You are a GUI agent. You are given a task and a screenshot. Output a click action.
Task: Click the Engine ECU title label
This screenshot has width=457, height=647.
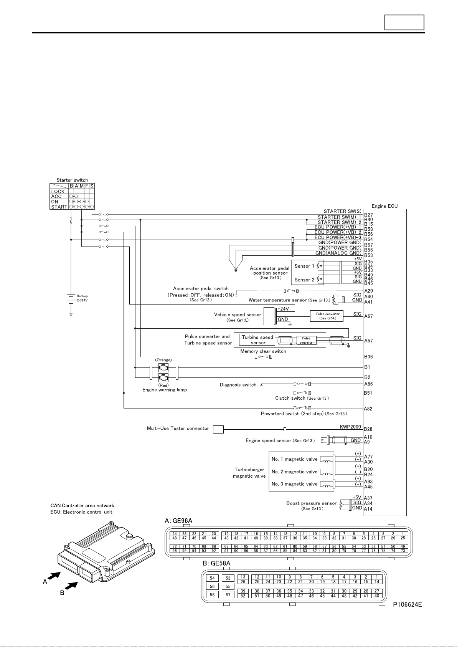point(384,206)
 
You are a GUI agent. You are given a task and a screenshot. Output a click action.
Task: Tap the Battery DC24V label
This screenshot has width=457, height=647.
point(82,298)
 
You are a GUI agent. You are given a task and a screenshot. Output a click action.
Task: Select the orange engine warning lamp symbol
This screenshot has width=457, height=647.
point(163,368)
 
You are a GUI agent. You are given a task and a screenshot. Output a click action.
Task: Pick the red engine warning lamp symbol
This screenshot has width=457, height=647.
point(163,378)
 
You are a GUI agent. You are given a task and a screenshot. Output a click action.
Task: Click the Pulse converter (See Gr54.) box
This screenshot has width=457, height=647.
point(327,316)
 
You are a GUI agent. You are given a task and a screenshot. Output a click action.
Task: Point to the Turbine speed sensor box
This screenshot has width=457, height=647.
point(257,340)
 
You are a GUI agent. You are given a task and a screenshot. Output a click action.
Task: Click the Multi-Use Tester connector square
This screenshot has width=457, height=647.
point(218,430)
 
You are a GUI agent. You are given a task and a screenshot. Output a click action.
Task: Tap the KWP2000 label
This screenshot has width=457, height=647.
point(350,427)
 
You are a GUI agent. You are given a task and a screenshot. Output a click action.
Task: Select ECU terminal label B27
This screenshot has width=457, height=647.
point(368,215)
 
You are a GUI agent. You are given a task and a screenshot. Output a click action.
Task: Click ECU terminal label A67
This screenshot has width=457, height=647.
point(368,316)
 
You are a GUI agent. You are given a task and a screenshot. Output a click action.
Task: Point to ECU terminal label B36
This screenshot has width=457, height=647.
point(368,357)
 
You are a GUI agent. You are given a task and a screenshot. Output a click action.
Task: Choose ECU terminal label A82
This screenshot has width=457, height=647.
point(368,409)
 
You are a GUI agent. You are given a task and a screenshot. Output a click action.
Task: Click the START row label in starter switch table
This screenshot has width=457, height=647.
point(59,207)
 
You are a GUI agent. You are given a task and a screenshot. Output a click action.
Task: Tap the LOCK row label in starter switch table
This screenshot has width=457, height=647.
point(58,191)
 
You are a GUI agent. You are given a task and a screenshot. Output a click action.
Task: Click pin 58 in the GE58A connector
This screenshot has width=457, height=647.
point(212,595)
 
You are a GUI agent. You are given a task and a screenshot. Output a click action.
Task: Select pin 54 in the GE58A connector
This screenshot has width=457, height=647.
point(212,578)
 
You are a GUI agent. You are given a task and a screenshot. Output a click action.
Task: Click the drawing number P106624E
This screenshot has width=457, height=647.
point(407,604)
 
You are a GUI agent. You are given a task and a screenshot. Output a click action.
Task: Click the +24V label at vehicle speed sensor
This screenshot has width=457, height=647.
point(283,309)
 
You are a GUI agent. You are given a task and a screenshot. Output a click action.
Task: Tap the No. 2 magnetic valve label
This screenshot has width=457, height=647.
point(294,472)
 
